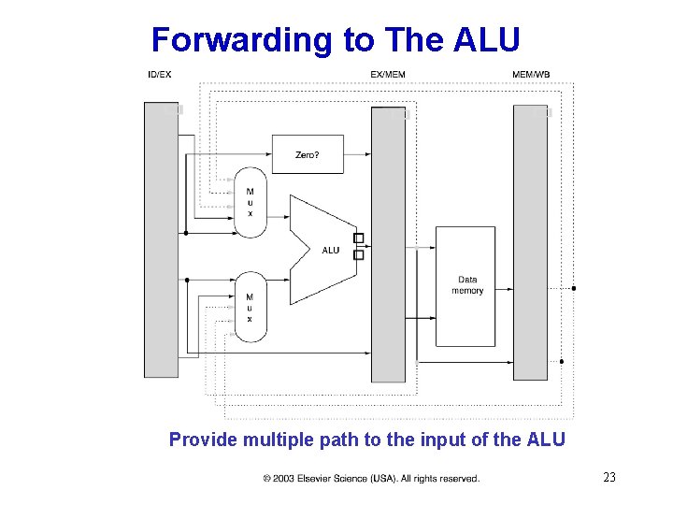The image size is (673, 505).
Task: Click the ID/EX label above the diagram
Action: tap(159, 74)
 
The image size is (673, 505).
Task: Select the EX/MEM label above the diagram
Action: tap(388, 74)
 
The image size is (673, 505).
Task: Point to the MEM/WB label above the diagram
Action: tap(531, 74)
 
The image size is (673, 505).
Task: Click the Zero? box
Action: tap(307, 154)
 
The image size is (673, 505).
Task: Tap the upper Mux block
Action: tap(250, 202)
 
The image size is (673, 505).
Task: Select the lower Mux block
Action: tap(250, 307)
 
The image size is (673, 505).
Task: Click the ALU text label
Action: tap(331, 251)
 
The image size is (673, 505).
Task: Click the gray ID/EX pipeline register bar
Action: tap(161, 239)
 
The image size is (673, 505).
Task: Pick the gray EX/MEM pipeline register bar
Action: tap(389, 243)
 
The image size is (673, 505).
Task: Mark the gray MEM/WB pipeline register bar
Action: tap(530, 242)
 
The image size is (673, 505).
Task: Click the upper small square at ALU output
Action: tap(358, 238)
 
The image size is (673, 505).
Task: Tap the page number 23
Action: tap(609, 478)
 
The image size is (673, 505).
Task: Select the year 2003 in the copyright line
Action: tap(283, 479)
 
